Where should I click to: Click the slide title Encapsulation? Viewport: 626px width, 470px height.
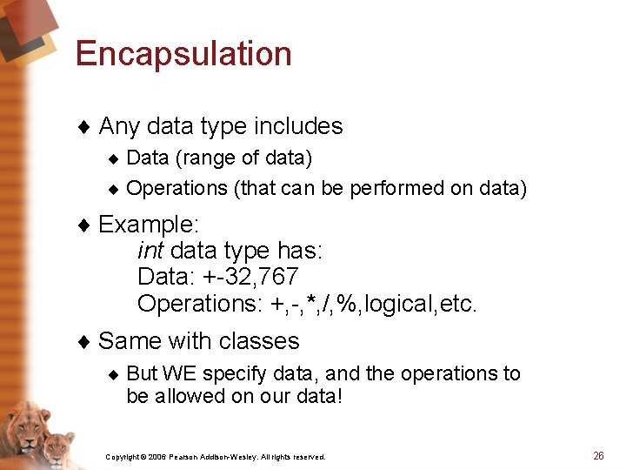(x=183, y=54)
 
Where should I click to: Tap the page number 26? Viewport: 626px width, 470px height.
(x=598, y=455)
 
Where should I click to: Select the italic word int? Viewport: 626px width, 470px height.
(x=150, y=252)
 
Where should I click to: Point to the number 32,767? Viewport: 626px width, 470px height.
(x=260, y=278)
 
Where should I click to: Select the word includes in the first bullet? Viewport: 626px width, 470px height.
(x=298, y=126)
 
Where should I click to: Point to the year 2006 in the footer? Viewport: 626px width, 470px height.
(x=156, y=457)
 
